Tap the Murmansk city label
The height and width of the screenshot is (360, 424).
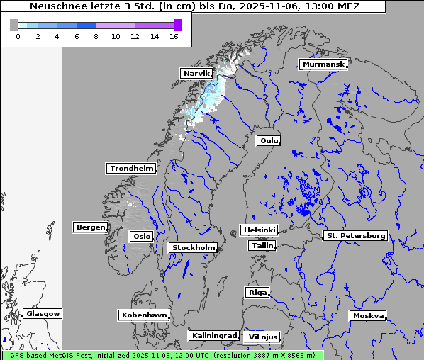(x=324, y=64)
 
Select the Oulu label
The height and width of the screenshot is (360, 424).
(x=269, y=140)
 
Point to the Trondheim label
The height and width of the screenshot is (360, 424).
(x=131, y=169)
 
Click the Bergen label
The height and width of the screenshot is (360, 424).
(x=89, y=227)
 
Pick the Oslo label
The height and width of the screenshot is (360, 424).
(x=141, y=237)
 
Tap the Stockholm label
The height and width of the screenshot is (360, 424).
(x=194, y=248)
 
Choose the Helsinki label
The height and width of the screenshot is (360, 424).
(x=259, y=230)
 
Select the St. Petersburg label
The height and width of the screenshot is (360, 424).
(x=355, y=235)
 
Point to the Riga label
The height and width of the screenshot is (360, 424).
(x=257, y=293)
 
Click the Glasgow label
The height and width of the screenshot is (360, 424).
(x=43, y=314)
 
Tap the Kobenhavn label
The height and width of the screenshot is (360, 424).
(x=144, y=315)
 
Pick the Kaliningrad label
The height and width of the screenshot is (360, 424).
(x=213, y=335)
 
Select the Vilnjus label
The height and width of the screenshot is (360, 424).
(x=262, y=337)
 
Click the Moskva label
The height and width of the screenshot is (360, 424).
(x=369, y=316)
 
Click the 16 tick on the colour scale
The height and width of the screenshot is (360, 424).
(x=174, y=36)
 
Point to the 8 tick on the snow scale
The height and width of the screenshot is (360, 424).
(x=96, y=36)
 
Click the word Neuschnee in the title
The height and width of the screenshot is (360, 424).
(x=57, y=6)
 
